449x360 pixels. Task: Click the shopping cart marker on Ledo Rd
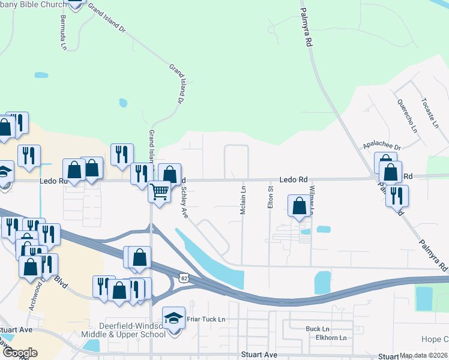[160, 191]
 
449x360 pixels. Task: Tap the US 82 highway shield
[184, 277]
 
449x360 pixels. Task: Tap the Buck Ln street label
[318, 329]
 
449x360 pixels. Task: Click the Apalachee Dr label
[381, 146]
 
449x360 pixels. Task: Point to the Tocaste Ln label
[430, 112]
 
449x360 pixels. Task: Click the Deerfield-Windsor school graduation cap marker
[173, 318]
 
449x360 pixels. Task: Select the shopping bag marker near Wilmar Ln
[299, 206]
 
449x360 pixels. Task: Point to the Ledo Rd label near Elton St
[294, 179]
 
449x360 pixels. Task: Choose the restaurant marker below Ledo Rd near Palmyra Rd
[397, 196]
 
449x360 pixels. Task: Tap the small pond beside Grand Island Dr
[123, 103]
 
